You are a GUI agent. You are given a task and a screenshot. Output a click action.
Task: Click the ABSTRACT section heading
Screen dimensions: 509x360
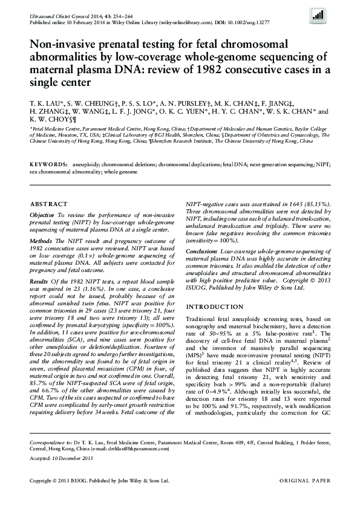point(45,205)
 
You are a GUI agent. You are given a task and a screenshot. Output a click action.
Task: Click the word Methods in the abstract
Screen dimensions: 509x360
point(41,240)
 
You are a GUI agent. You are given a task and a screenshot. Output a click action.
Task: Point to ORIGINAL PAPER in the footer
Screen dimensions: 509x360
point(305,481)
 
